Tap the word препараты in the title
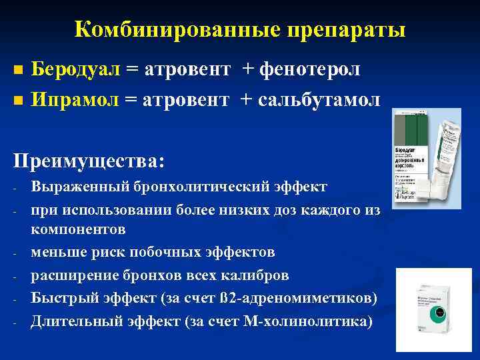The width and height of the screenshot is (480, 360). coord(346,29)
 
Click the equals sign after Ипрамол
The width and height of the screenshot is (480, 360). coord(130,100)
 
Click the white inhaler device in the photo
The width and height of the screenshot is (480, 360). coord(444,153)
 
